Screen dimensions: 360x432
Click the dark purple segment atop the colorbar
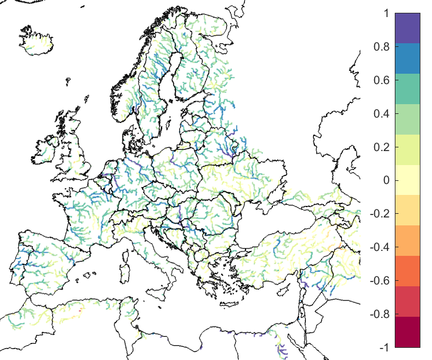(408, 28)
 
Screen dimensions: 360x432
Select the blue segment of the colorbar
(408, 58)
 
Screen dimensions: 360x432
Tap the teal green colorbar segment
(408, 89)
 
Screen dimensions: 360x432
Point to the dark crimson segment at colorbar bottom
(408, 332)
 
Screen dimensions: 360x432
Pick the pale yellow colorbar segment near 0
(408, 180)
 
